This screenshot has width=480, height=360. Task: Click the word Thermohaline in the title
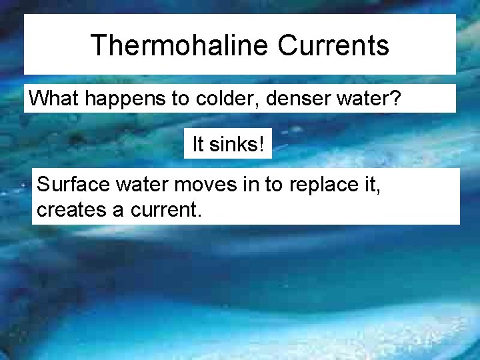[x=179, y=45]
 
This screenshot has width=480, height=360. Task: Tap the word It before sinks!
[x=198, y=144]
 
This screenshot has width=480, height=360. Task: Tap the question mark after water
[x=396, y=99]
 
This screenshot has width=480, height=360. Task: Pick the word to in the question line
[x=179, y=99]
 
